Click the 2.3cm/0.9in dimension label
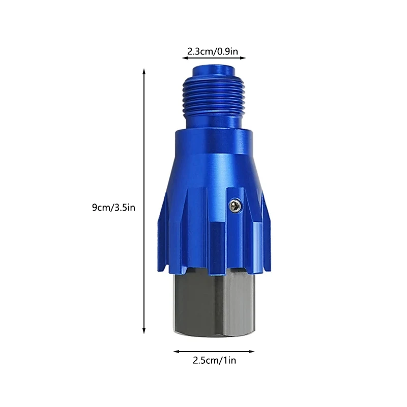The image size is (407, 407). [x=213, y=51]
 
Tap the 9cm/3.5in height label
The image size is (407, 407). [x=113, y=207]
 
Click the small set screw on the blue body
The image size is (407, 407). [x=235, y=205]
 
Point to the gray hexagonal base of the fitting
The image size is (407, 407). [x=214, y=305]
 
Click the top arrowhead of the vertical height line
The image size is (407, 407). [x=144, y=72]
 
